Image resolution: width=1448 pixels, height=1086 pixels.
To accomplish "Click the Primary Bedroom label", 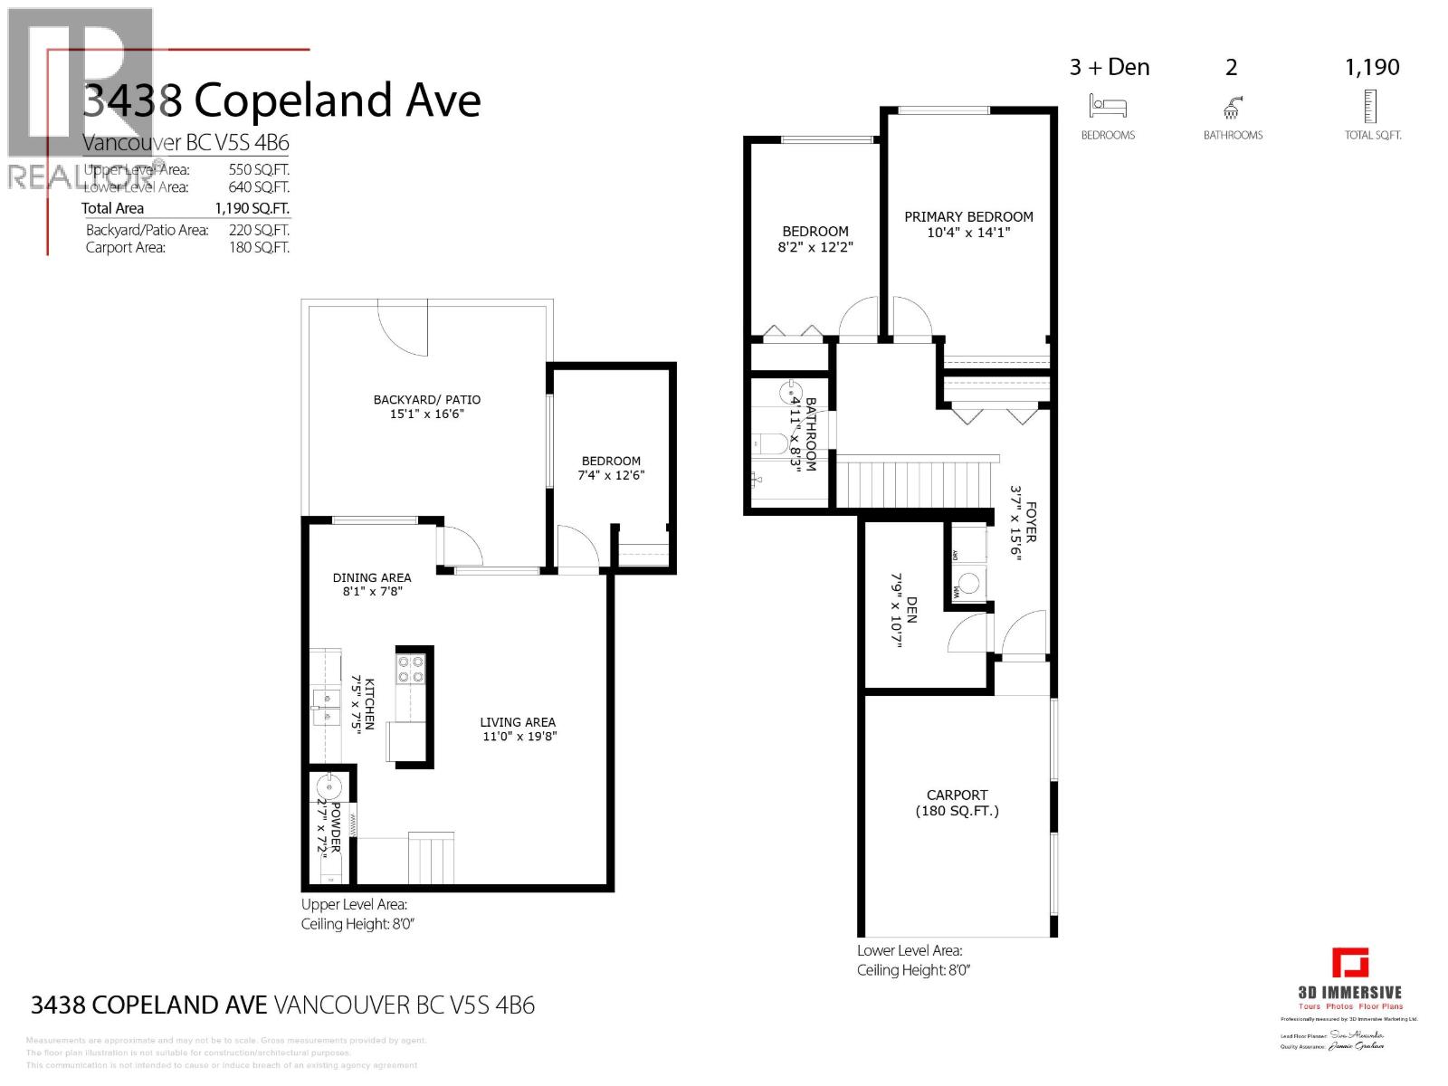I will [968, 217].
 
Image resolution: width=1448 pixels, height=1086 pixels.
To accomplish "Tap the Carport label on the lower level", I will [957, 795].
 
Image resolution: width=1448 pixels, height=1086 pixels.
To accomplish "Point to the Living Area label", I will [518, 722].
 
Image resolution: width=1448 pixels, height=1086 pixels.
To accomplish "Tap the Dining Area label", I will [372, 577].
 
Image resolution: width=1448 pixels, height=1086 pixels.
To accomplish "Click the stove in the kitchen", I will [411, 669].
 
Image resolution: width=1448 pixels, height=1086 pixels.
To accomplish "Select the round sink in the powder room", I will [328, 786].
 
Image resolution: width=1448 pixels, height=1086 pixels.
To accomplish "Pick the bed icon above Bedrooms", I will [1108, 107].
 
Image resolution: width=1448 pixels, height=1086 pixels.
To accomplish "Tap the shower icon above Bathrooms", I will [1232, 108].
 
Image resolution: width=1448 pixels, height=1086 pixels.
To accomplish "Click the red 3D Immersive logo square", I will [1349, 962].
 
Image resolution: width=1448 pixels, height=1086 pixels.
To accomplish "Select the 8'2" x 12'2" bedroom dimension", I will [815, 247].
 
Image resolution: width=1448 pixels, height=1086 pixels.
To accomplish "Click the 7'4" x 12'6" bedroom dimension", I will [612, 475].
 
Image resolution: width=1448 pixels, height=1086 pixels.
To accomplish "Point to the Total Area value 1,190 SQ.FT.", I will [252, 208].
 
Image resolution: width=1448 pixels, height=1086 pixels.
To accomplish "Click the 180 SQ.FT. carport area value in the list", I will [259, 247].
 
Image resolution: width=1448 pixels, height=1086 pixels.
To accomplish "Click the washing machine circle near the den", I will [969, 583].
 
